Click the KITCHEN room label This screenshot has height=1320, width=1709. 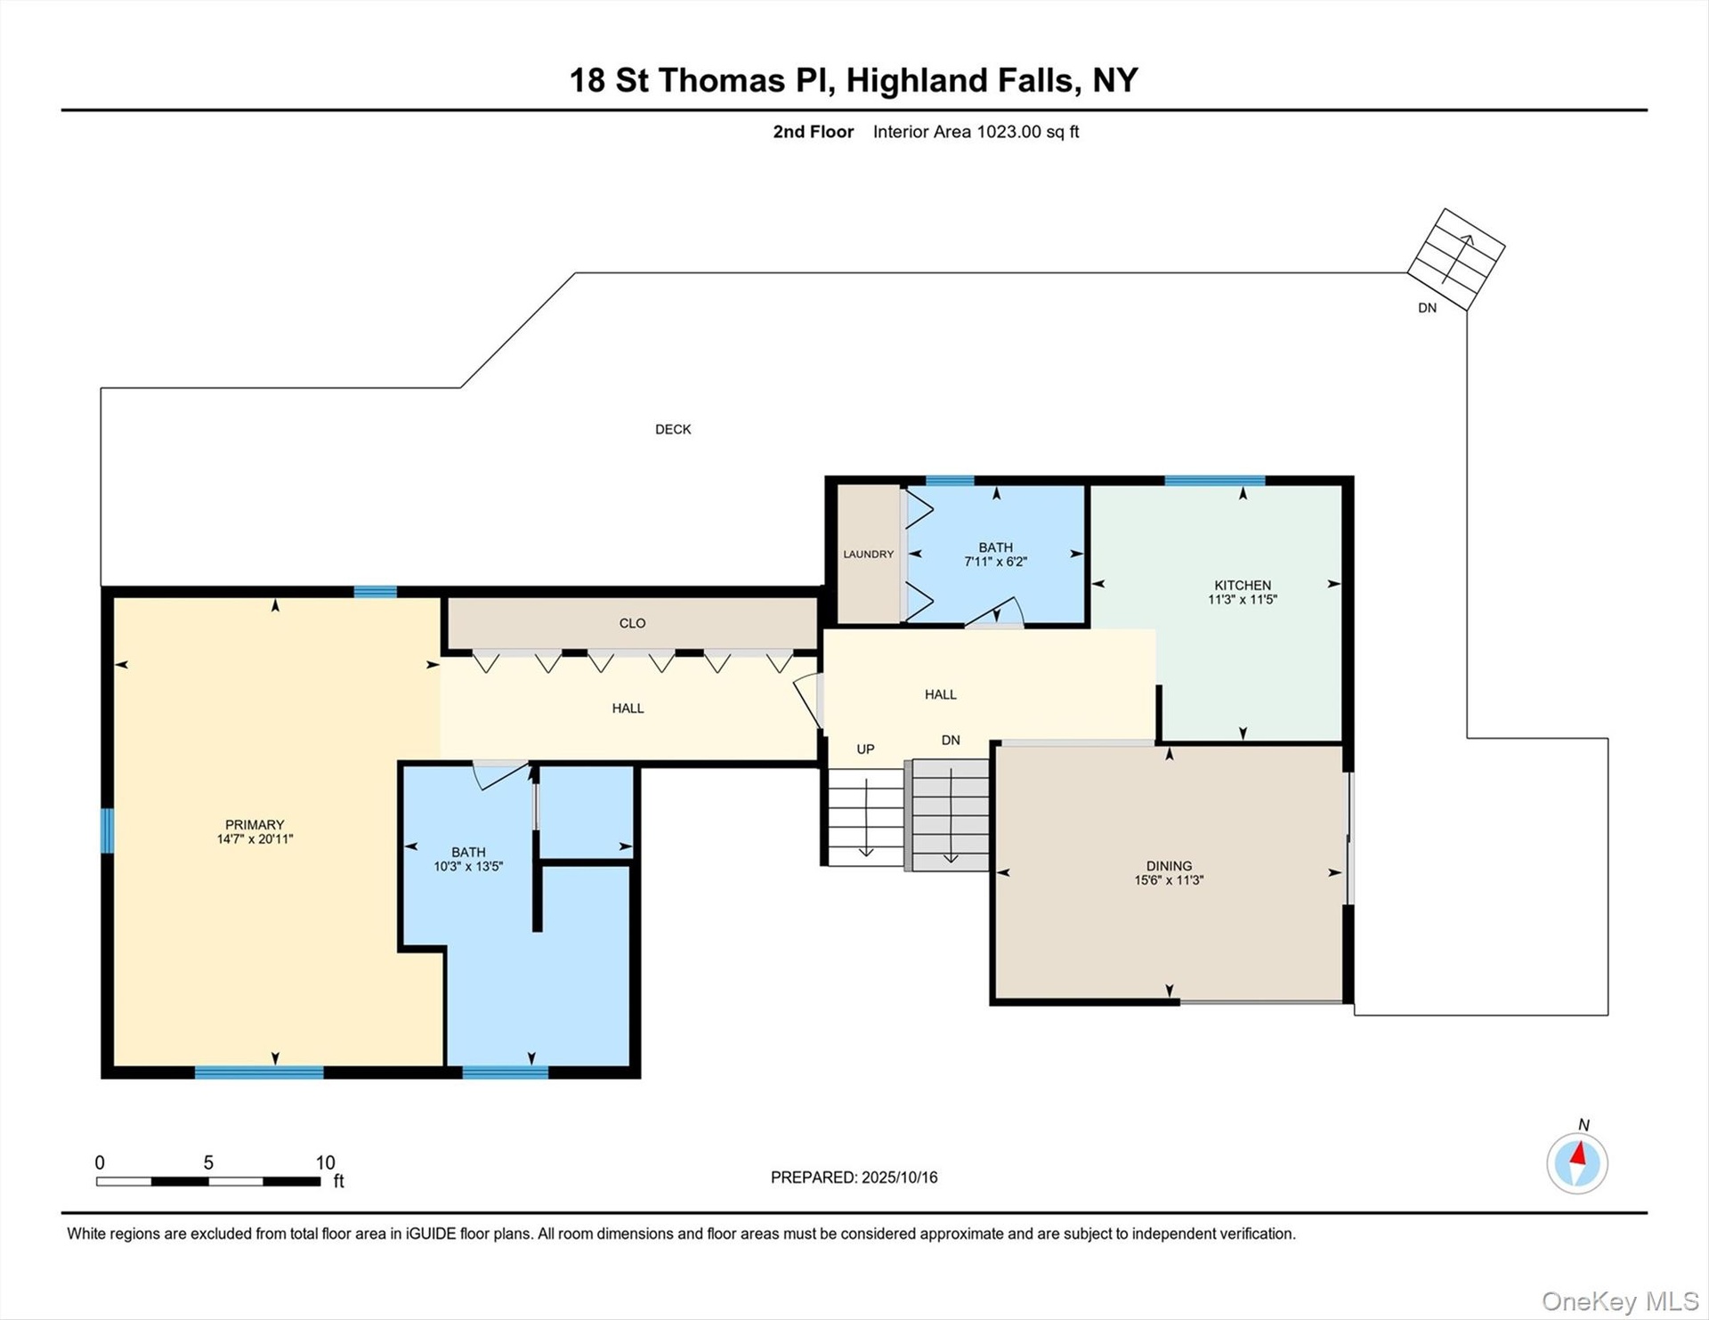(1243, 585)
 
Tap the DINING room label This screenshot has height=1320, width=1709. (1169, 865)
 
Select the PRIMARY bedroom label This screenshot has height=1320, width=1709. (255, 824)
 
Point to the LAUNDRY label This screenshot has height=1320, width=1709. (869, 554)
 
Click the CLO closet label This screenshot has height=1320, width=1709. (632, 623)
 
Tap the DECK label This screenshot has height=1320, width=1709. (673, 429)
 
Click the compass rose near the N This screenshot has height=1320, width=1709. (1577, 1162)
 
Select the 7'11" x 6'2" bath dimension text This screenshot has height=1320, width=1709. (996, 562)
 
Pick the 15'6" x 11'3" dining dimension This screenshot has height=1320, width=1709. (1169, 879)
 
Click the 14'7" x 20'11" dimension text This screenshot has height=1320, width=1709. (255, 838)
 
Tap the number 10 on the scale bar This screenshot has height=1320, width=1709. (325, 1162)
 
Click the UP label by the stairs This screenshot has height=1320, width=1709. (865, 749)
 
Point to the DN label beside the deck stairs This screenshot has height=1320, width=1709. (1427, 308)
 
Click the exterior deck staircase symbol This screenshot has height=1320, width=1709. (1456, 259)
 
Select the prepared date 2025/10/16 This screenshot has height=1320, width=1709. (900, 1177)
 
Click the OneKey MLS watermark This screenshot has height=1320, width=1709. (1620, 1301)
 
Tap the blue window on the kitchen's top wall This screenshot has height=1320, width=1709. (1215, 481)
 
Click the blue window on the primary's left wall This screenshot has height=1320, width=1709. (107, 830)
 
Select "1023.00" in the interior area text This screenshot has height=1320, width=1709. (1008, 132)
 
